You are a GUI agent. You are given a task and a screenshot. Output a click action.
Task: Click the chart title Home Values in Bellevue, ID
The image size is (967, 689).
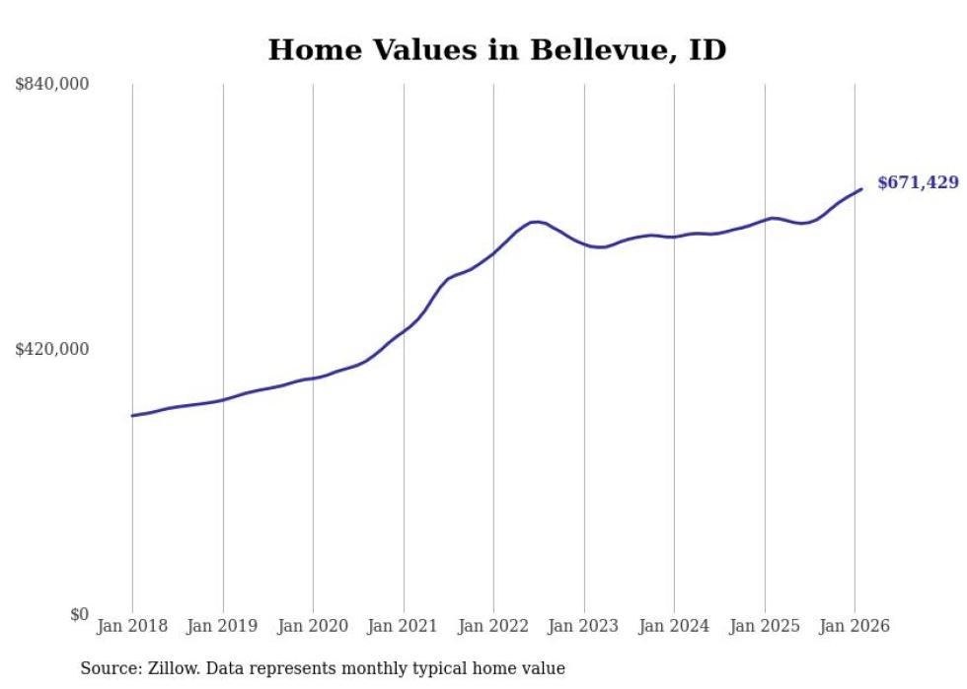click(x=496, y=49)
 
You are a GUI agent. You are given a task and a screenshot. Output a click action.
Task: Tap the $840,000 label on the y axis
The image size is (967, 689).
click(x=52, y=85)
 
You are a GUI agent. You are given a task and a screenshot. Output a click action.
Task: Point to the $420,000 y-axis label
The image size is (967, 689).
click(x=52, y=349)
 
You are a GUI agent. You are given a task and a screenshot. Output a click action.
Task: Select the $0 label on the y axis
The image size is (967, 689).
click(x=80, y=614)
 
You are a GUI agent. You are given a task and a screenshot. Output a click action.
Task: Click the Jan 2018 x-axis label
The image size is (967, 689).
click(x=132, y=626)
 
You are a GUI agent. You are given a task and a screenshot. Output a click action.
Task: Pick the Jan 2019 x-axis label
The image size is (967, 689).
click(x=222, y=626)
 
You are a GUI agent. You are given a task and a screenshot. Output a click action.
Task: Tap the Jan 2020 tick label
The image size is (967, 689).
click(x=313, y=626)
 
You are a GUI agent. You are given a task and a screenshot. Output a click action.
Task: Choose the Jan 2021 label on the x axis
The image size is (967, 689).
click(x=403, y=626)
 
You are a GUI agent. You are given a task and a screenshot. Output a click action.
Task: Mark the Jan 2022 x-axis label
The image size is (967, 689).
click(x=493, y=626)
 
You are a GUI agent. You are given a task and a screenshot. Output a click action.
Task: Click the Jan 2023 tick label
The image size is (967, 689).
click(x=583, y=626)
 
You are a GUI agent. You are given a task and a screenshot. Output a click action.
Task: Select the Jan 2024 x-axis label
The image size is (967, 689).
click(x=674, y=626)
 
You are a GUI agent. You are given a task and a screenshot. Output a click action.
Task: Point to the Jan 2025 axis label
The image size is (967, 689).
click(x=764, y=626)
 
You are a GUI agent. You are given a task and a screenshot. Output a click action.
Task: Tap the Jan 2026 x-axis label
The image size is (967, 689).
click(x=855, y=626)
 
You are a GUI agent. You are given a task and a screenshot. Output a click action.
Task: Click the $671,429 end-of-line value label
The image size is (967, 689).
click(x=918, y=182)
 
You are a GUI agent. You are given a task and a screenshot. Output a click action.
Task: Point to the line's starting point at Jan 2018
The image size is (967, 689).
click(x=132, y=415)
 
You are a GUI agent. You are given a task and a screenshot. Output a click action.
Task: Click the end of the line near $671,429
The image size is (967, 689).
click(x=861, y=189)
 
